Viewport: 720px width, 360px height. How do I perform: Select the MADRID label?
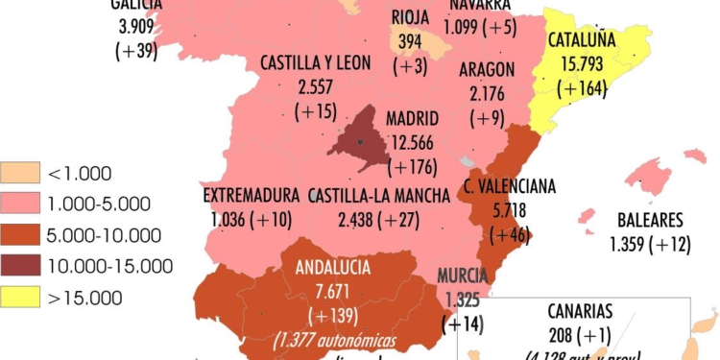pyautogui.click(x=413, y=120)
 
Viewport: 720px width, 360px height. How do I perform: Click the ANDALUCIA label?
pyautogui.click(x=333, y=266)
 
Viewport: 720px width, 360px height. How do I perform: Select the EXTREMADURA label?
pyautogui.click(x=252, y=196)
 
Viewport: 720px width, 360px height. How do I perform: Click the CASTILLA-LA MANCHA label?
pyautogui.click(x=379, y=196)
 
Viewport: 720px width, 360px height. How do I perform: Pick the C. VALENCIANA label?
pyautogui.click(x=509, y=186)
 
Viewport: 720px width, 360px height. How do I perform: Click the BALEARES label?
pyautogui.click(x=650, y=220)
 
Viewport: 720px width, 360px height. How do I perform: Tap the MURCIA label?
pyautogui.click(x=463, y=277)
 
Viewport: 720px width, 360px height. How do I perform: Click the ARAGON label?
pyautogui.click(x=487, y=69)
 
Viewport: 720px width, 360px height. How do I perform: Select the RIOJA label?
pyautogui.click(x=411, y=16)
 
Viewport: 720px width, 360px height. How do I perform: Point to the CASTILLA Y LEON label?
pyautogui.click(x=315, y=62)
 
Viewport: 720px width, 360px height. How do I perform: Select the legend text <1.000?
pyautogui.click(x=80, y=174)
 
